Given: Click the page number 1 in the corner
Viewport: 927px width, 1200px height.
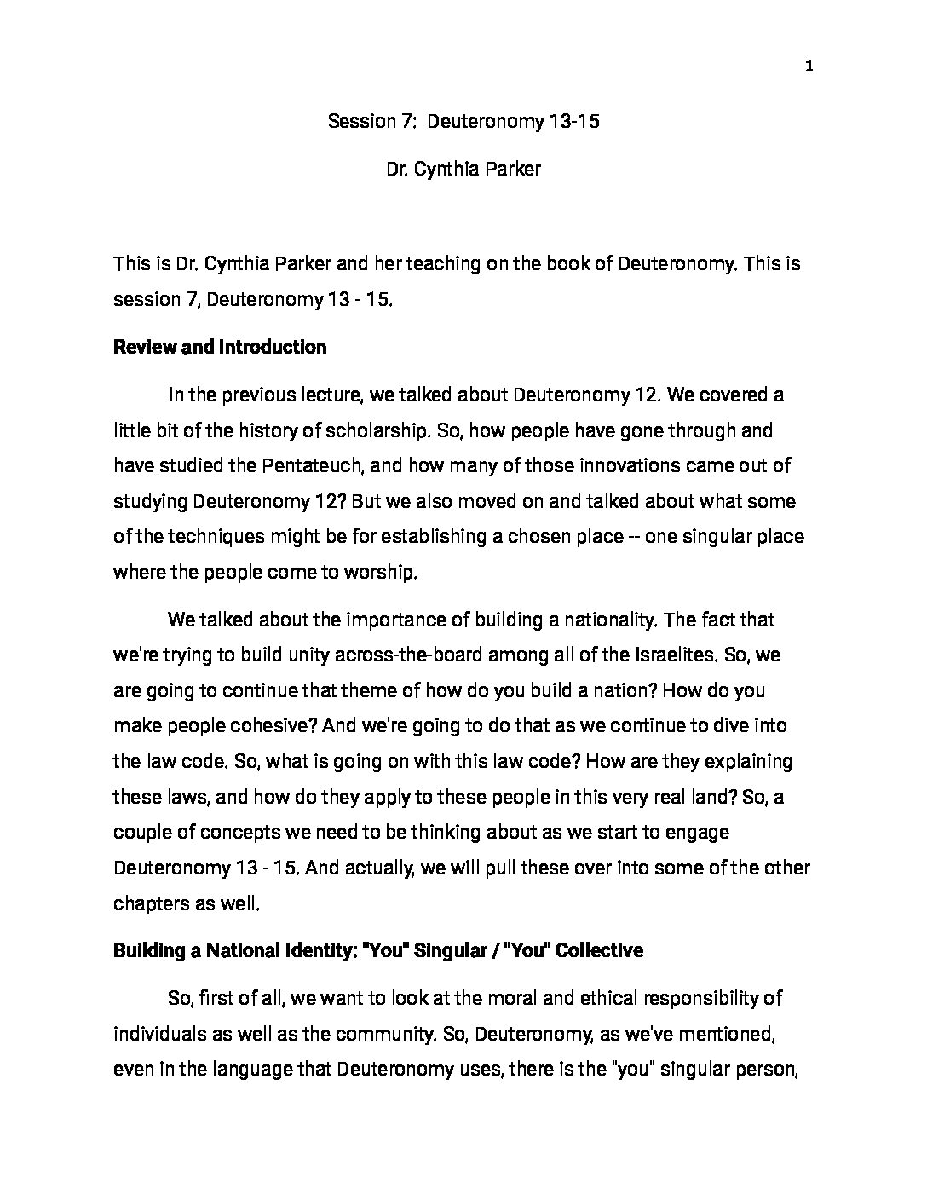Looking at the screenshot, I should pyautogui.click(x=809, y=67).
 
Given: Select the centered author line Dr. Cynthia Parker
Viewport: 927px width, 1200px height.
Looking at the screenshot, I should pyautogui.click(x=463, y=169).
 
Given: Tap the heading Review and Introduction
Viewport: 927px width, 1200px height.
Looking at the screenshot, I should pyautogui.click(x=220, y=347).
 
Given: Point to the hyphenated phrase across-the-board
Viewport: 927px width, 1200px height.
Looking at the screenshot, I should pyautogui.click(x=407, y=655).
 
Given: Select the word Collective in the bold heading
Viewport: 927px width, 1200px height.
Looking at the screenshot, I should pyautogui.click(x=598, y=949).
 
